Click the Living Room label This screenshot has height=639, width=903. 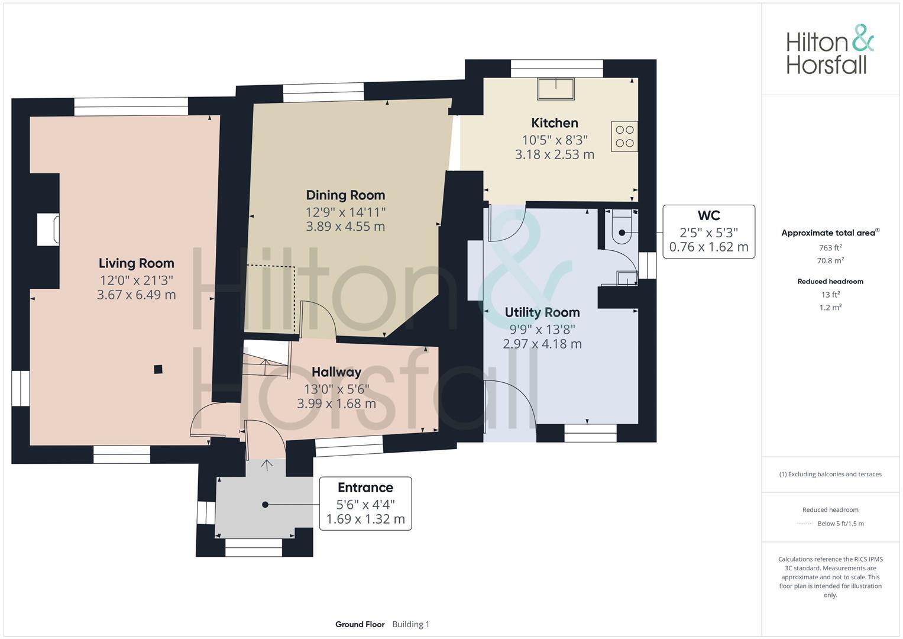tap(136, 263)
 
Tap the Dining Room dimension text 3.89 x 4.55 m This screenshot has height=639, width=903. tap(345, 227)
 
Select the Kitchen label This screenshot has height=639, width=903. tap(554, 123)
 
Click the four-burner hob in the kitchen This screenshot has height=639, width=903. tap(624, 136)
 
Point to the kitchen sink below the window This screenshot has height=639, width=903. tap(555, 89)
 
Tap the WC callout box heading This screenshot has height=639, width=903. tap(708, 216)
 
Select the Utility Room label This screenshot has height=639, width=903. tap(542, 312)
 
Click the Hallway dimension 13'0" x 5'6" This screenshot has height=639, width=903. tap(336, 389)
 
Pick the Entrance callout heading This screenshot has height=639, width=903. tap(365, 488)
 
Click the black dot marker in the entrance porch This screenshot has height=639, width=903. tap(265, 505)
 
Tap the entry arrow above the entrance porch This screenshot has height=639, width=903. tap(266, 465)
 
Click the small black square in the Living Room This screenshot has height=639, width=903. tap(158, 370)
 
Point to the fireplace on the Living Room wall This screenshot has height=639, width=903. tap(48, 230)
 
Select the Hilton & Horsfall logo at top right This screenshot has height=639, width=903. tap(829, 50)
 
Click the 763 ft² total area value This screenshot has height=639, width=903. tap(830, 248)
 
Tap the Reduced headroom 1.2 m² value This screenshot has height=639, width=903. tap(830, 308)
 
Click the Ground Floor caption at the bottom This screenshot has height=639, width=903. tap(360, 624)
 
